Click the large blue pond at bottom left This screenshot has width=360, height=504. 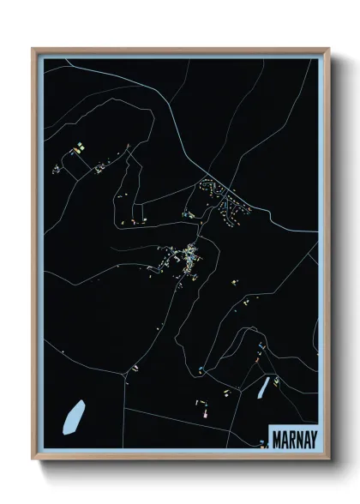(74, 416)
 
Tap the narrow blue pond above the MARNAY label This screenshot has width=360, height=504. (262, 388)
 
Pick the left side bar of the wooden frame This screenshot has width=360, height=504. (35, 257)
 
